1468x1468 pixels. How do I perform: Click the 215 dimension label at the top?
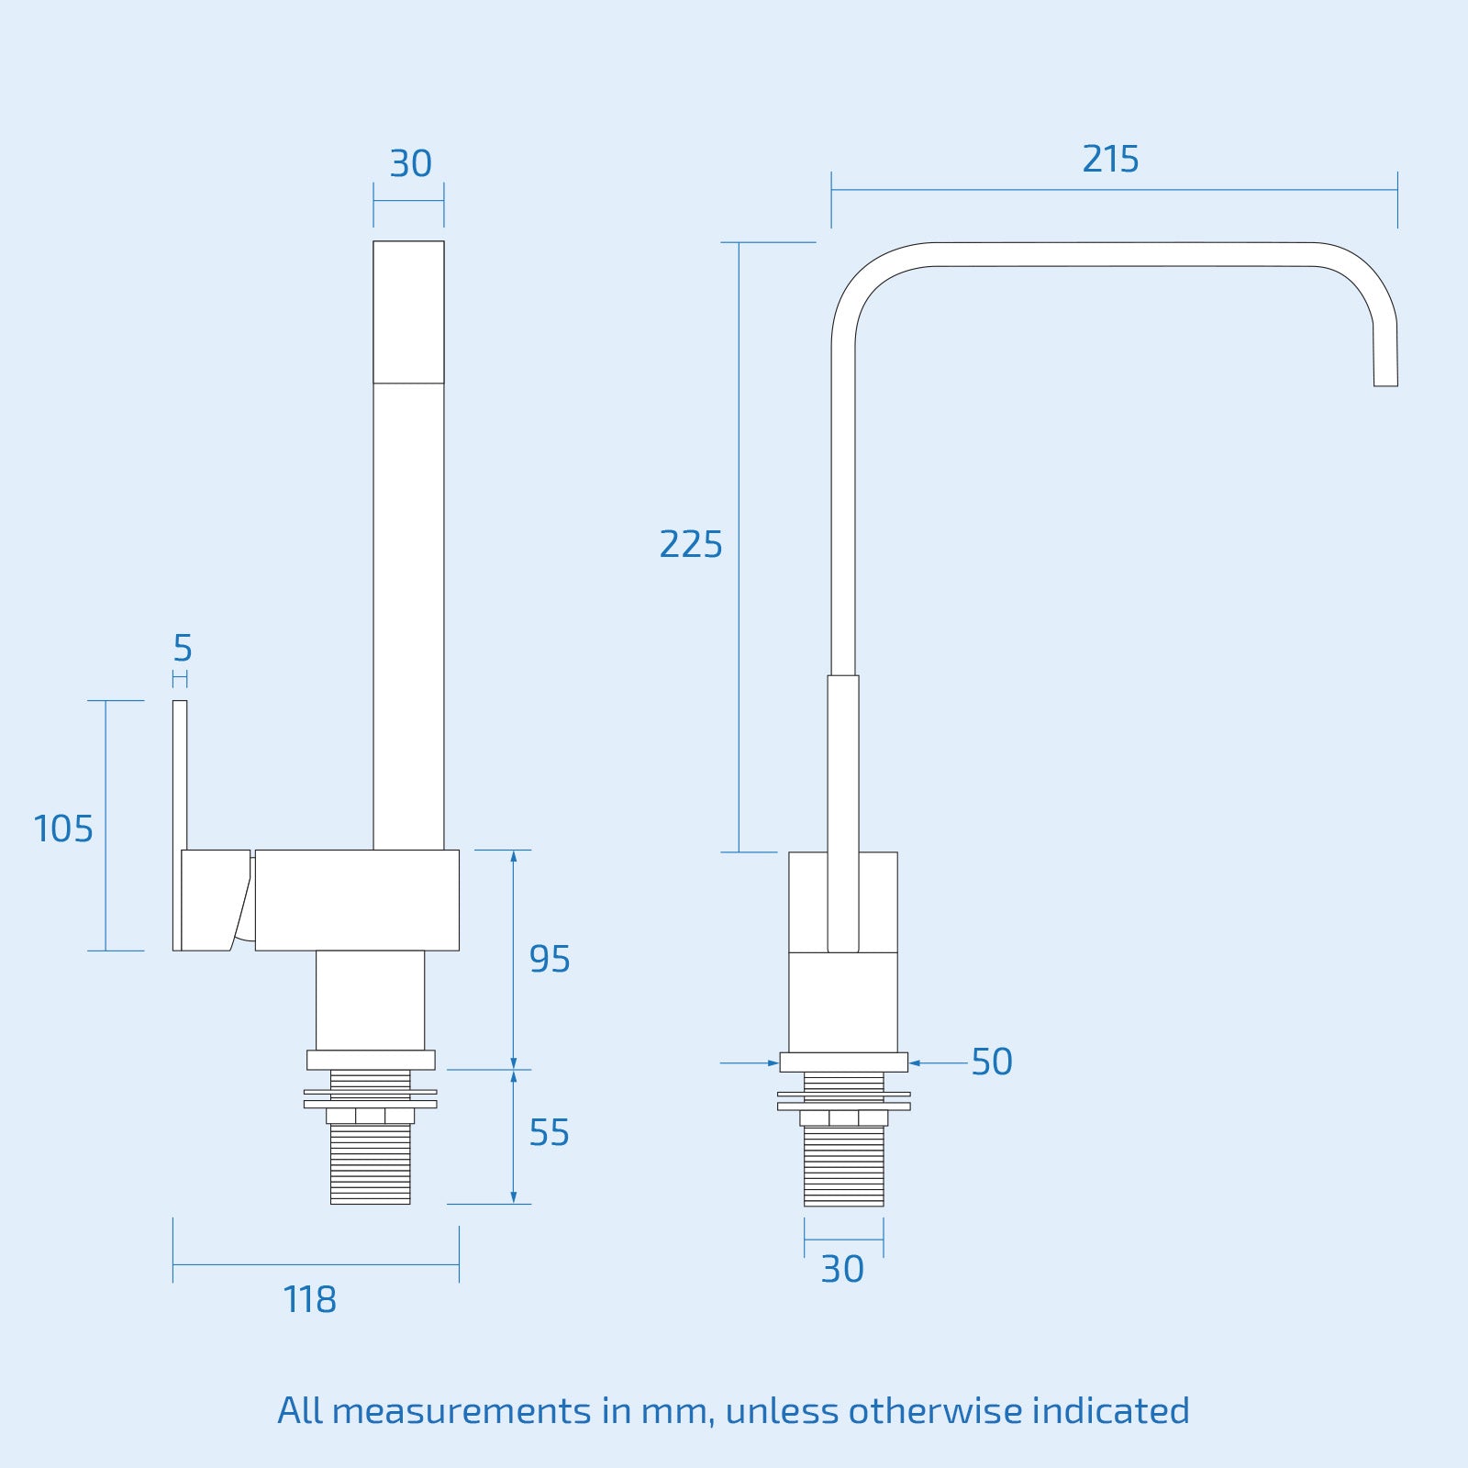pyautogui.click(x=1110, y=160)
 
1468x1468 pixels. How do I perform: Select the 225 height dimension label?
pyautogui.click(x=691, y=545)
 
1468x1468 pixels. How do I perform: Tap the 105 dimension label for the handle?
pyautogui.click(x=63, y=829)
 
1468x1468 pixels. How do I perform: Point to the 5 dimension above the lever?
pyautogui.click(x=183, y=649)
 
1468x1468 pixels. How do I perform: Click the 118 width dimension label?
pyautogui.click(x=310, y=1300)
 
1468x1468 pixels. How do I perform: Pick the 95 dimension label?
pyautogui.click(x=550, y=960)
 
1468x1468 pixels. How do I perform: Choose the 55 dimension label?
pyautogui.click(x=549, y=1134)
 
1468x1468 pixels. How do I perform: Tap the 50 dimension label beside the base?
pyautogui.click(x=992, y=1062)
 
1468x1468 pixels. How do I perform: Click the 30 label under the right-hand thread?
pyautogui.click(x=842, y=1270)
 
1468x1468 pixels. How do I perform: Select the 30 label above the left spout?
pyautogui.click(x=410, y=164)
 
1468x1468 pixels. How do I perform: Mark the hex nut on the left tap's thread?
pyautogui.click(x=370, y=1116)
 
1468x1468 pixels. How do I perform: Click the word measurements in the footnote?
pyautogui.click(x=461, y=1411)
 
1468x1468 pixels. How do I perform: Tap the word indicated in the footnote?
pyautogui.click(x=1110, y=1411)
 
